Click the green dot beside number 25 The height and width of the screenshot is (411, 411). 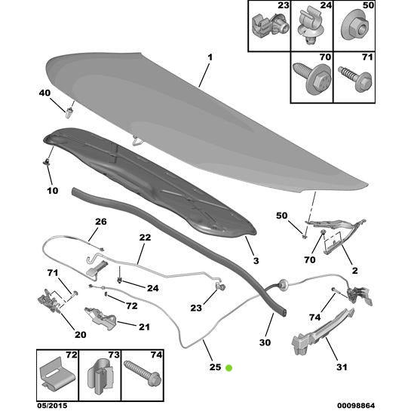(x=229, y=368)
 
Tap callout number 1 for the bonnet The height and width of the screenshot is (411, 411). (x=210, y=57)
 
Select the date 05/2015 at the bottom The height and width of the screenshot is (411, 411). (x=51, y=406)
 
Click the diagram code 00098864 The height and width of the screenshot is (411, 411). (x=356, y=406)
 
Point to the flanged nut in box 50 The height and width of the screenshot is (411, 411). (x=354, y=27)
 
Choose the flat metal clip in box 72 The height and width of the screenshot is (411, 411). (x=57, y=375)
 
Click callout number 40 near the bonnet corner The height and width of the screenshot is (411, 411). (x=44, y=93)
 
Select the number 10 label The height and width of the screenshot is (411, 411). (x=53, y=191)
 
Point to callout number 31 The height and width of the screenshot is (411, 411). (x=342, y=367)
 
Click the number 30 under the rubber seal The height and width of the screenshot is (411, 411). (x=265, y=342)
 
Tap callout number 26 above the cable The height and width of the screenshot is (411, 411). (x=101, y=222)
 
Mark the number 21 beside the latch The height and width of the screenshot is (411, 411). (x=144, y=327)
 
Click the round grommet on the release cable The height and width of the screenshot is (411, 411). (x=283, y=284)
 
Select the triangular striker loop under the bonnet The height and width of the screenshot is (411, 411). (x=138, y=141)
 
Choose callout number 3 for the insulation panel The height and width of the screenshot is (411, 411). (x=256, y=261)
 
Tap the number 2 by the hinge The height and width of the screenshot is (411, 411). (x=354, y=271)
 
